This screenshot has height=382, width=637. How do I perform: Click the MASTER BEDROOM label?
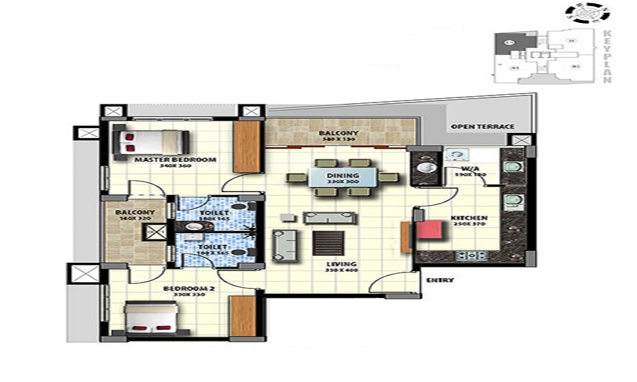(175, 160)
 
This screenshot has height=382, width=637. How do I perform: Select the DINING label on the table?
(343, 176)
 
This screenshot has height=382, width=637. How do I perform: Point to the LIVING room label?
(342, 264)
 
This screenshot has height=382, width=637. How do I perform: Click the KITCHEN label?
(469, 218)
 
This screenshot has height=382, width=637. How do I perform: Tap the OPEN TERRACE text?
(482, 127)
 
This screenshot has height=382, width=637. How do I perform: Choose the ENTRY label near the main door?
(440, 280)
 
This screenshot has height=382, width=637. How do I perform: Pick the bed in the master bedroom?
(150, 142)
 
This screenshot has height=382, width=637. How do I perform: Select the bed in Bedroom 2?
(151, 318)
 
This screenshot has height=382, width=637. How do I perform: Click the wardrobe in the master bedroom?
(247, 146)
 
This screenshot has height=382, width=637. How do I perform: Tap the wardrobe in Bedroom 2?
(242, 316)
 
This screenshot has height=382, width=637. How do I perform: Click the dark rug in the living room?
(328, 243)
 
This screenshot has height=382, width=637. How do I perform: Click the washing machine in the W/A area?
(455, 153)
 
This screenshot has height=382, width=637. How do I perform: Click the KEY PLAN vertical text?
(606, 56)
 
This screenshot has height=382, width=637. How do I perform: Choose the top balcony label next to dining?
(338, 133)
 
